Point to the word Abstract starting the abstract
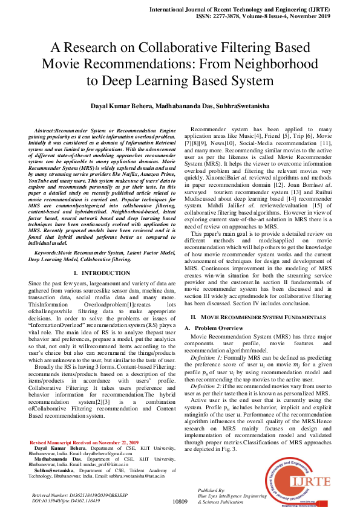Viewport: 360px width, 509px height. coord(45,131)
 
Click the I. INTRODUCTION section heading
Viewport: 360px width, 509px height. coord(97,273)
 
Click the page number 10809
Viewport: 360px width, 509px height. coord(180,501)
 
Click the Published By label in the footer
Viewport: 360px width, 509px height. coord(211,490)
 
